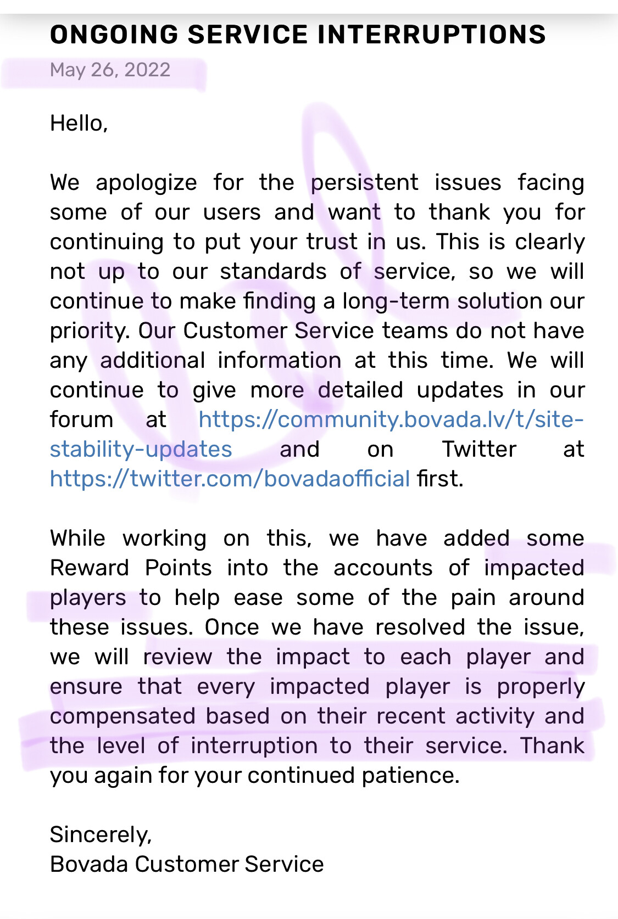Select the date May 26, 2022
point(110,70)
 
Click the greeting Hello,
point(79,123)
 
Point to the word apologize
point(146,183)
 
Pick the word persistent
point(364,182)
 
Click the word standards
point(273,271)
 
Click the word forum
point(81,419)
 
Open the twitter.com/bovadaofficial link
point(230,479)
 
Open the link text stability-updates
point(141,449)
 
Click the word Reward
point(90,568)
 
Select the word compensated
point(123,716)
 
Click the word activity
point(494,716)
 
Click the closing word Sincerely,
point(101,834)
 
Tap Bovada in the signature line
point(88,864)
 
